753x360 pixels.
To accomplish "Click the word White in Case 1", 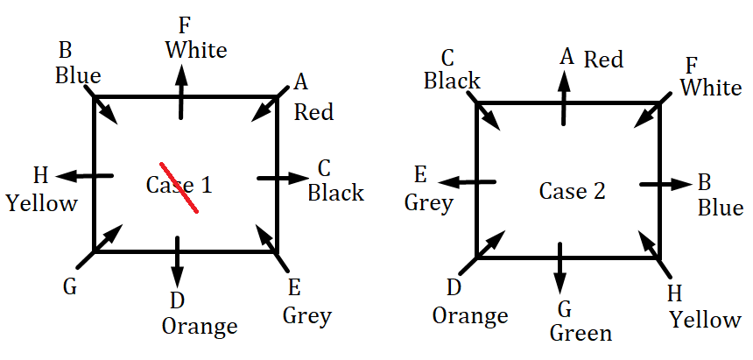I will [196, 49].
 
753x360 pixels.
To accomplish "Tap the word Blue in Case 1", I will [78, 75].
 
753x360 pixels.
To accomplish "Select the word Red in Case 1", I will [313, 112].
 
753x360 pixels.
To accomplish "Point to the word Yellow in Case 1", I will [41, 203].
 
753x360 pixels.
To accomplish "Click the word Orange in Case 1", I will [200, 326].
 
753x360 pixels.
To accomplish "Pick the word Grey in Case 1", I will [307, 315].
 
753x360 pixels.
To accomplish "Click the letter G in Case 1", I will [70, 285].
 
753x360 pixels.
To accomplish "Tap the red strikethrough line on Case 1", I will [179, 187].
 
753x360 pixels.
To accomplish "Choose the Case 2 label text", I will [572, 191].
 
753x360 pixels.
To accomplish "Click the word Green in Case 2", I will [581, 333].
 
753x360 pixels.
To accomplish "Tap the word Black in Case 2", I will [452, 81].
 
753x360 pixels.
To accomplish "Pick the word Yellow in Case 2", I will [705, 319].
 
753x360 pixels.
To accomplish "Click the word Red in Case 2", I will [603, 60].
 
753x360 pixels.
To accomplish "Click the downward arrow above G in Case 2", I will [559, 268].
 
